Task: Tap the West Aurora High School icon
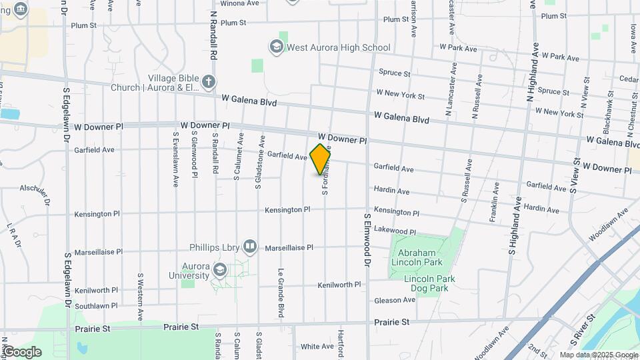[276, 47]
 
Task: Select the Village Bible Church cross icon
[209, 82]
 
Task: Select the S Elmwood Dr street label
[367, 241]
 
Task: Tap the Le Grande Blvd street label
[281, 293]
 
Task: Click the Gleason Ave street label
[395, 300]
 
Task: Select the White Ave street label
[317, 347]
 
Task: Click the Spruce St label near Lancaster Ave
[394, 73]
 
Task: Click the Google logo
[21, 351]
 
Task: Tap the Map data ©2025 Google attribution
[597, 355]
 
